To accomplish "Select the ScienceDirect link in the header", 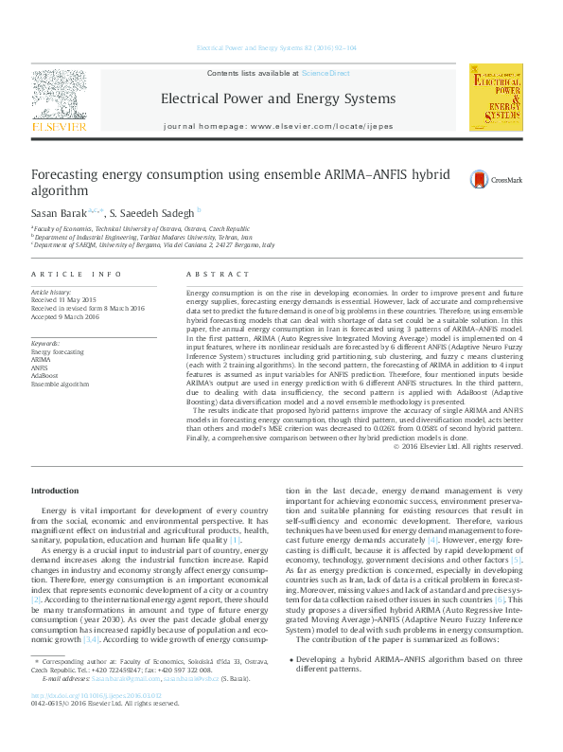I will click(325, 73).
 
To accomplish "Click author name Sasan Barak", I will click(59, 212).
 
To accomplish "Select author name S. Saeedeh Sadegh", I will click(151, 212).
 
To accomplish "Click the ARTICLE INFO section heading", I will click(76, 274).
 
